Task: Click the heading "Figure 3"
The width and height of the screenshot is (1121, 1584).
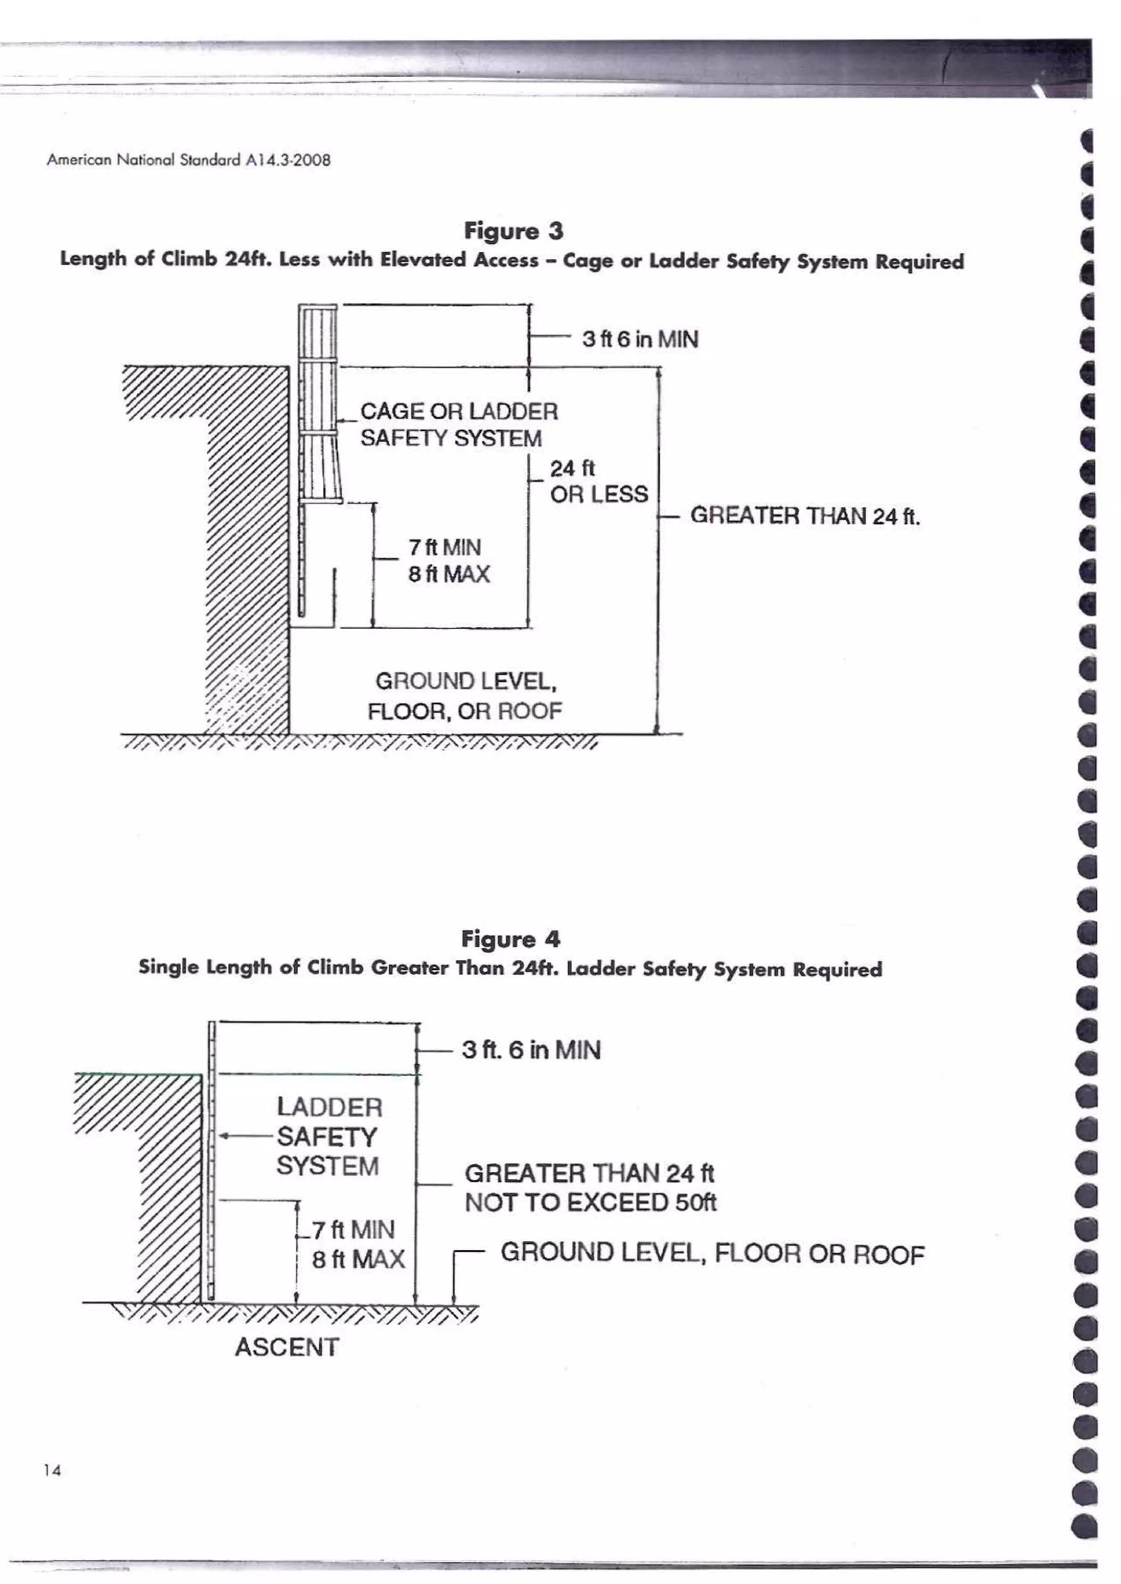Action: click(x=513, y=230)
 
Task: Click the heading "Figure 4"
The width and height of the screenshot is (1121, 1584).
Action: click(x=510, y=939)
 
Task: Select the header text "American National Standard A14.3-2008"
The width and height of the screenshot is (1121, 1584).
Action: click(x=188, y=160)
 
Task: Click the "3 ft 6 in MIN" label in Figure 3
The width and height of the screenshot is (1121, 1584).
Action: click(x=640, y=339)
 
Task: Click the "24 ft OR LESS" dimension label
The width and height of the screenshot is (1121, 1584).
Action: click(x=598, y=481)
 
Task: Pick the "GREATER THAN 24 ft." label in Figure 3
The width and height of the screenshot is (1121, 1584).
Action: click(x=804, y=516)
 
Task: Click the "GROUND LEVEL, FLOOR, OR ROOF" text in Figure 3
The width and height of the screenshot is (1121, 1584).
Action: click(x=465, y=696)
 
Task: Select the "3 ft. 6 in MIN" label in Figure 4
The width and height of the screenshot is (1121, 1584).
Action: click(x=531, y=1050)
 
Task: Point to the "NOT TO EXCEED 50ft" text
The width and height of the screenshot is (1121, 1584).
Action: click(x=590, y=1203)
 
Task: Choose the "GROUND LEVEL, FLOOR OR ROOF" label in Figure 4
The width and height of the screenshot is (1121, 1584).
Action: click(x=712, y=1253)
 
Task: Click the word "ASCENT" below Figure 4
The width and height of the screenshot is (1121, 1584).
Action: click(x=286, y=1346)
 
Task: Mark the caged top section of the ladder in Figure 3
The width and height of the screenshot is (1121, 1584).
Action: click(x=318, y=400)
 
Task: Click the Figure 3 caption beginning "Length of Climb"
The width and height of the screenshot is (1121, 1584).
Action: click(x=511, y=260)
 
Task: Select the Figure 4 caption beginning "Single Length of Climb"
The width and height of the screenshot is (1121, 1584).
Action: click(x=510, y=968)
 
